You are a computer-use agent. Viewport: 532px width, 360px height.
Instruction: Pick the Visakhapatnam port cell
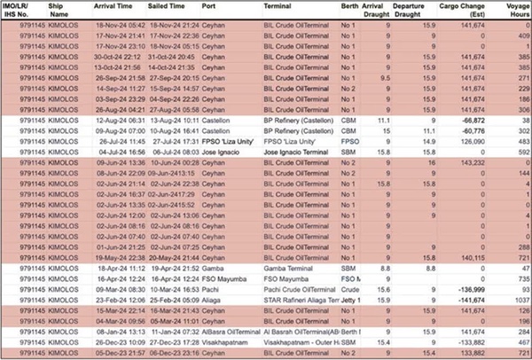(x=224, y=340)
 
